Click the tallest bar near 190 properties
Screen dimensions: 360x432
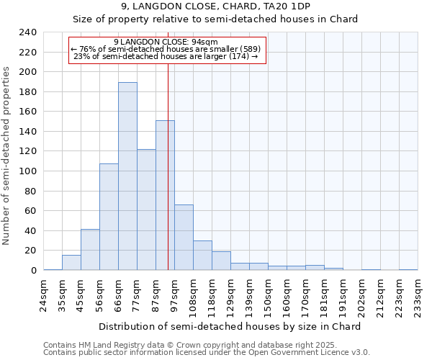(x=127, y=176)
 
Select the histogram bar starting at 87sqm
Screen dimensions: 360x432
(x=165, y=195)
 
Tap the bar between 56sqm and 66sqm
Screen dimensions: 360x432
(x=109, y=217)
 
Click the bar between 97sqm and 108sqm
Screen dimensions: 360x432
(x=184, y=238)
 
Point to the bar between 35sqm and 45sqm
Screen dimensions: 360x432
(x=71, y=263)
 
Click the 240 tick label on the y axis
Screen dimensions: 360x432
(x=28, y=32)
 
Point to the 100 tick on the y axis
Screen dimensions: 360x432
(x=28, y=171)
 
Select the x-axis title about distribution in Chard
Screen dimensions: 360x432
(x=229, y=326)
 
